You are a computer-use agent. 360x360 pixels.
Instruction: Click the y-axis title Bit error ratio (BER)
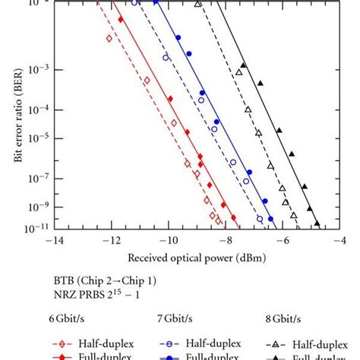pyautogui.click(x=17, y=114)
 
